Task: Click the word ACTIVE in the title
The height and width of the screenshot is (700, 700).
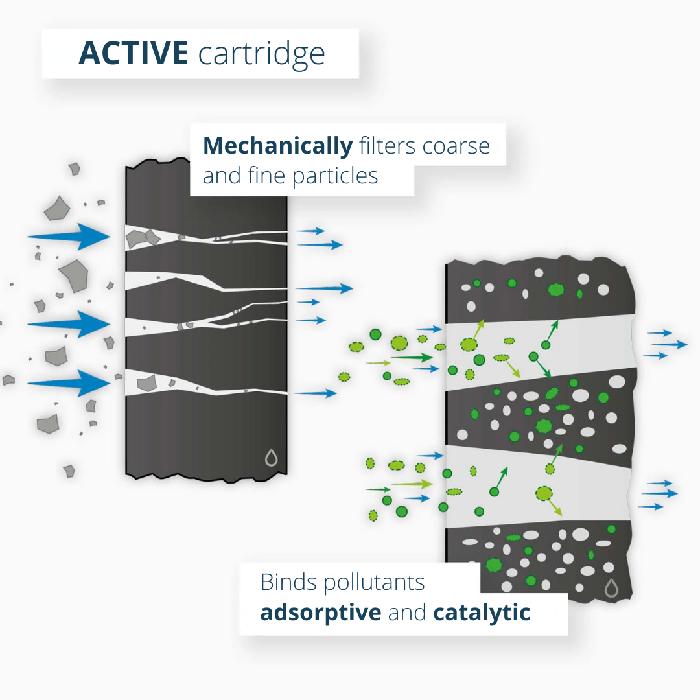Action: click(134, 54)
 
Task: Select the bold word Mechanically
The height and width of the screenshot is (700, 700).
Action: click(277, 146)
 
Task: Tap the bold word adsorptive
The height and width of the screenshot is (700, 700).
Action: click(321, 612)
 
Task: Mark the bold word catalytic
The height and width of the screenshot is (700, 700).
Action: click(482, 612)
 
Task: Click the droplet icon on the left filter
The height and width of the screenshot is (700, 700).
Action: click(272, 458)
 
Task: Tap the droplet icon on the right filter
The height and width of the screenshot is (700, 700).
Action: click(611, 588)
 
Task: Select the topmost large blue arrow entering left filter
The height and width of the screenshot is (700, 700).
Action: click(70, 237)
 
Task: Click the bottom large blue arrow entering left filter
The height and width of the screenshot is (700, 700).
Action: click(70, 383)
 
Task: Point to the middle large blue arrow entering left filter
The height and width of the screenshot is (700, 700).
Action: click(70, 323)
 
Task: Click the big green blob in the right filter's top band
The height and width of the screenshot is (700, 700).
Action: click(555, 290)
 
